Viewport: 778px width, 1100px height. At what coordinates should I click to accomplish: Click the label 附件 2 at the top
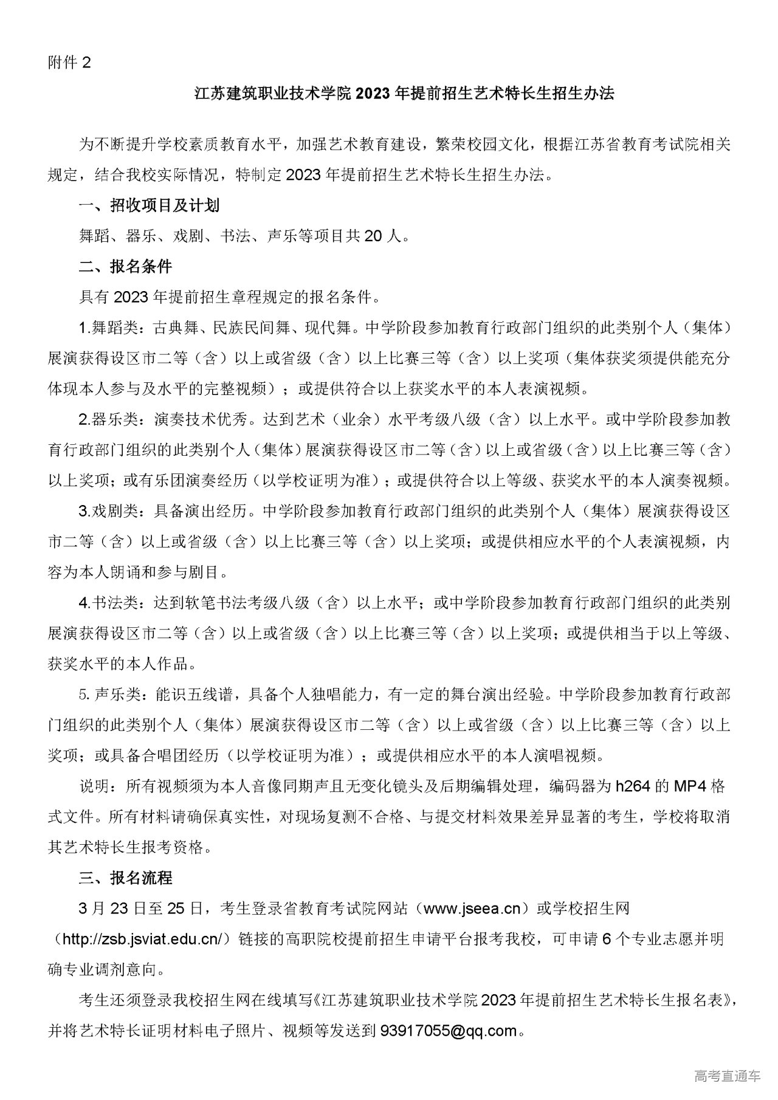[69, 63]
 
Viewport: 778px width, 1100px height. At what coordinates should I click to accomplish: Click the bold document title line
[404, 94]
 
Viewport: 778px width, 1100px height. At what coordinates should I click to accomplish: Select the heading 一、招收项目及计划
[149, 205]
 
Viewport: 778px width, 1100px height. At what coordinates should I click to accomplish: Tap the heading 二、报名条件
[126, 266]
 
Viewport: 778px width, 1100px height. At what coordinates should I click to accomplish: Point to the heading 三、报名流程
[126, 878]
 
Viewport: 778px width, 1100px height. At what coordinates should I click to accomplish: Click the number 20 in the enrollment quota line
[374, 236]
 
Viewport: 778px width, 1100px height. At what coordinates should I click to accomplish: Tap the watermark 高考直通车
[727, 1077]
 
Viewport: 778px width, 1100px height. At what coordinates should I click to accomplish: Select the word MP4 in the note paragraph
[692, 786]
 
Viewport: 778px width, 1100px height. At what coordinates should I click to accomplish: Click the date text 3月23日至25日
[140, 909]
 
